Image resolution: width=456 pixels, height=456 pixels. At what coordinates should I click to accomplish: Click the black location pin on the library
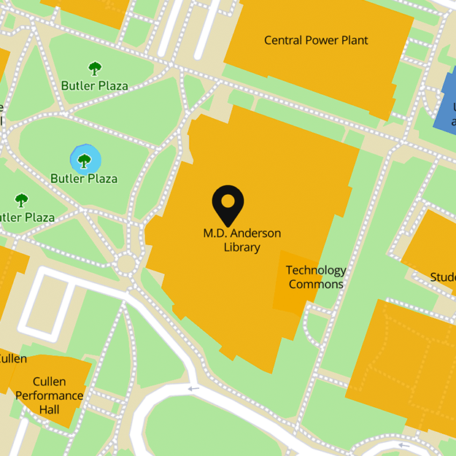tap(228, 205)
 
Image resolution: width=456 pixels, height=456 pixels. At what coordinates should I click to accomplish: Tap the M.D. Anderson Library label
tap(241, 240)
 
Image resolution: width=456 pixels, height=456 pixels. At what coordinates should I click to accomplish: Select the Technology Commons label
tap(316, 277)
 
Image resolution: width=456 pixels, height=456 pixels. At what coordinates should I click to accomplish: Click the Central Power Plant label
tap(316, 40)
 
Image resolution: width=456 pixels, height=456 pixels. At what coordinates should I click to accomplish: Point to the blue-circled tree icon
tap(85, 159)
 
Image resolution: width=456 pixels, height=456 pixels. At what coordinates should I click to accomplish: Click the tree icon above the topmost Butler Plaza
tap(95, 69)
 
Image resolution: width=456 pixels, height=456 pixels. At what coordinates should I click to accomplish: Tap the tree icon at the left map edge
tap(21, 199)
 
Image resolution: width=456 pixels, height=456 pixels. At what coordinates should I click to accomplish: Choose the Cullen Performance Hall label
tap(50, 395)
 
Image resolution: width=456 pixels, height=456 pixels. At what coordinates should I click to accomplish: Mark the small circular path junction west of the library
tap(128, 263)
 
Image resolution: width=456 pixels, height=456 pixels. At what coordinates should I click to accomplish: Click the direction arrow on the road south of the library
tap(193, 389)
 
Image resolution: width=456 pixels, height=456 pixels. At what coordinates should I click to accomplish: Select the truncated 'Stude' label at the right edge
tap(442, 277)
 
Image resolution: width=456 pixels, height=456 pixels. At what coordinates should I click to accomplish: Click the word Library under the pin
tap(241, 247)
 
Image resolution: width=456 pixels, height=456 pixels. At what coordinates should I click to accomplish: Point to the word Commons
tap(316, 285)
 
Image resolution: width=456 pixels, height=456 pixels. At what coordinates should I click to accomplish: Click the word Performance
tap(50, 395)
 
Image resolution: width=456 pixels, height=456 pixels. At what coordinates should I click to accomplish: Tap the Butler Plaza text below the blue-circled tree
tap(84, 179)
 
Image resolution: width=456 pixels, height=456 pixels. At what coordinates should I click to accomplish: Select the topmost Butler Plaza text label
tap(94, 85)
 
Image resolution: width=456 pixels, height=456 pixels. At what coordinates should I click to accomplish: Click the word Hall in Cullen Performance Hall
tap(50, 409)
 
